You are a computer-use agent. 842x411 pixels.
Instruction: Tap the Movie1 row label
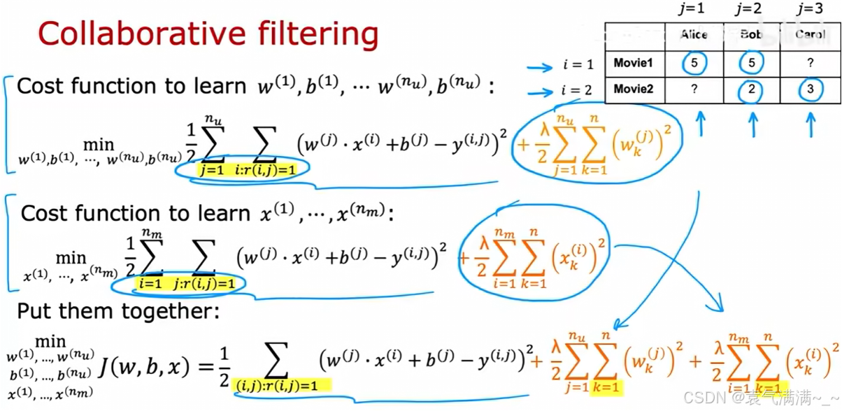(634, 64)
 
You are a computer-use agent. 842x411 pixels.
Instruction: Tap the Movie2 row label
(634, 90)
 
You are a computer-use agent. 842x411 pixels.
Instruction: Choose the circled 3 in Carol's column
(811, 90)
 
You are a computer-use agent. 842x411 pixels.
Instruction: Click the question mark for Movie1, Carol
(811, 63)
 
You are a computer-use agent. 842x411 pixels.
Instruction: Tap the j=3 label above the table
(810, 9)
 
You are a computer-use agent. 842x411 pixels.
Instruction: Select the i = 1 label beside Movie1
(578, 65)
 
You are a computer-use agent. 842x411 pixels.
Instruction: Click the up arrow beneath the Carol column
(811, 126)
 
